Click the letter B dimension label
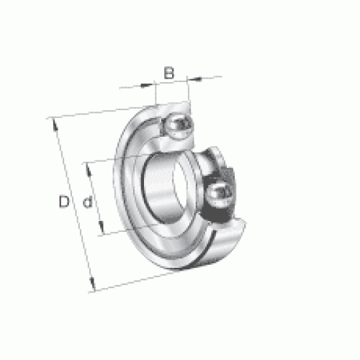(x=169, y=73)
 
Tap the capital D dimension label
(x=64, y=202)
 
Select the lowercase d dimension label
(x=88, y=202)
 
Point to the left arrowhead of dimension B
(x=147, y=85)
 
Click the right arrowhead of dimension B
(x=194, y=78)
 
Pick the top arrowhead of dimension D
(x=55, y=125)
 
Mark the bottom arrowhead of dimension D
(x=92, y=283)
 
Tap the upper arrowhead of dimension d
(x=89, y=169)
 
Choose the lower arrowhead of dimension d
(x=102, y=227)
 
